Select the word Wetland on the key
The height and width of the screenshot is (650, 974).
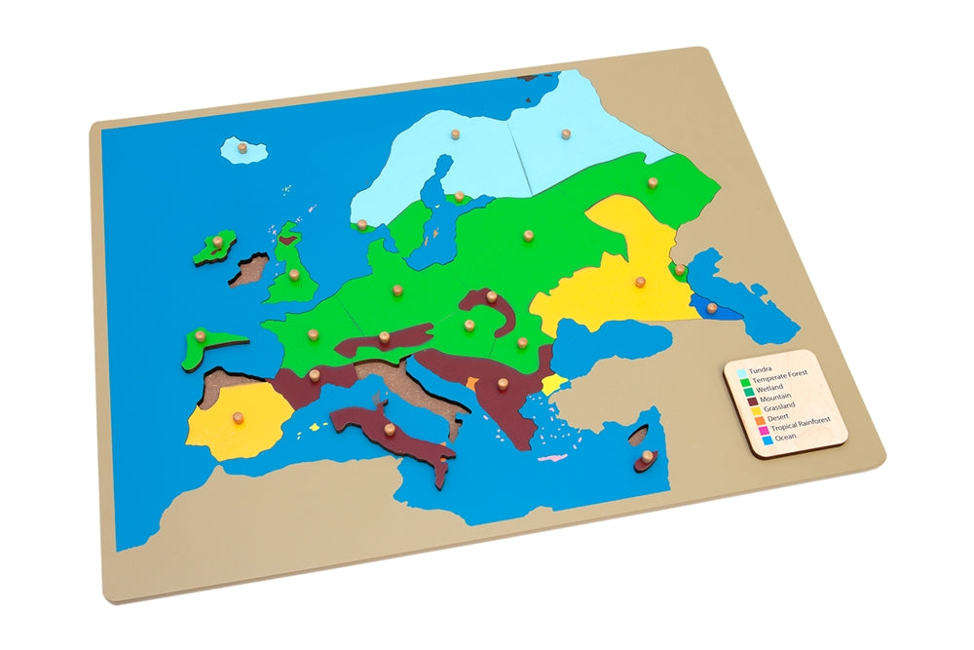(x=767, y=391)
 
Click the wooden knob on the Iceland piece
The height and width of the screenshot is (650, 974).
(x=243, y=148)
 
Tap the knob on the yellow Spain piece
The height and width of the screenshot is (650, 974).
(x=236, y=418)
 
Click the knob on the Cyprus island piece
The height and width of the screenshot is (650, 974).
(x=644, y=453)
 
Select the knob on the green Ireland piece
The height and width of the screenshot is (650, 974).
(x=219, y=241)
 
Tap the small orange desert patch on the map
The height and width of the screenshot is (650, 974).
(x=472, y=384)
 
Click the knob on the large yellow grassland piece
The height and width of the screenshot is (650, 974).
(x=640, y=282)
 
